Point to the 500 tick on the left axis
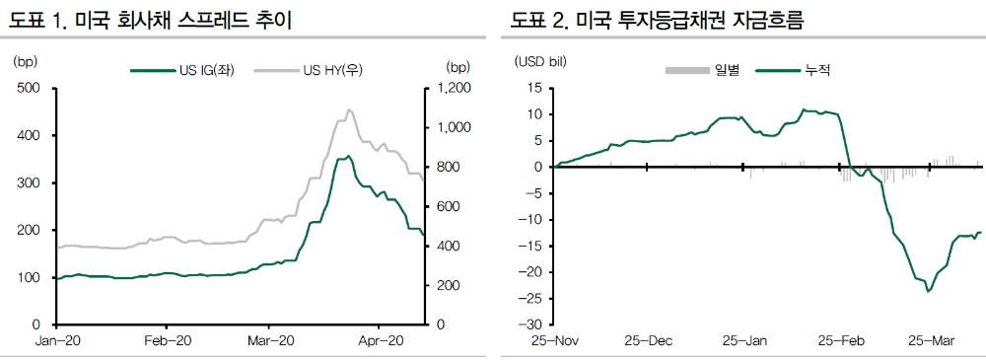[29, 89]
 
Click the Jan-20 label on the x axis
[56, 341]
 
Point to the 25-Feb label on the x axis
[840, 341]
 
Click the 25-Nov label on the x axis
[553, 341]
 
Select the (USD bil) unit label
[539, 62]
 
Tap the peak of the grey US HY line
[349, 109]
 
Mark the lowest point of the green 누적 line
[928, 291]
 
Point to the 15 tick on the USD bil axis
[532, 89]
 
